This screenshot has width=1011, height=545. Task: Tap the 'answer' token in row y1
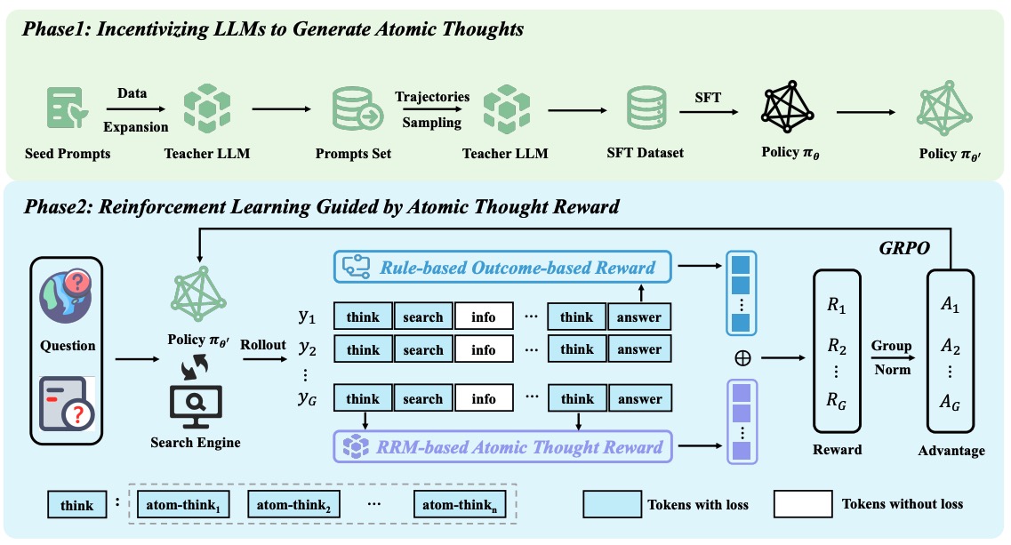(639, 317)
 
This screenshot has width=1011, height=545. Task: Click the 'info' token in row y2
(484, 349)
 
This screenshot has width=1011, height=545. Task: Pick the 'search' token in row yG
(423, 399)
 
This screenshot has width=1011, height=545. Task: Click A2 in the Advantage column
(951, 345)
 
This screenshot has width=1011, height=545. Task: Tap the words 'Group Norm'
(891, 357)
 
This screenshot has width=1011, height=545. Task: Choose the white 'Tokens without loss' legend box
(802, 505)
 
